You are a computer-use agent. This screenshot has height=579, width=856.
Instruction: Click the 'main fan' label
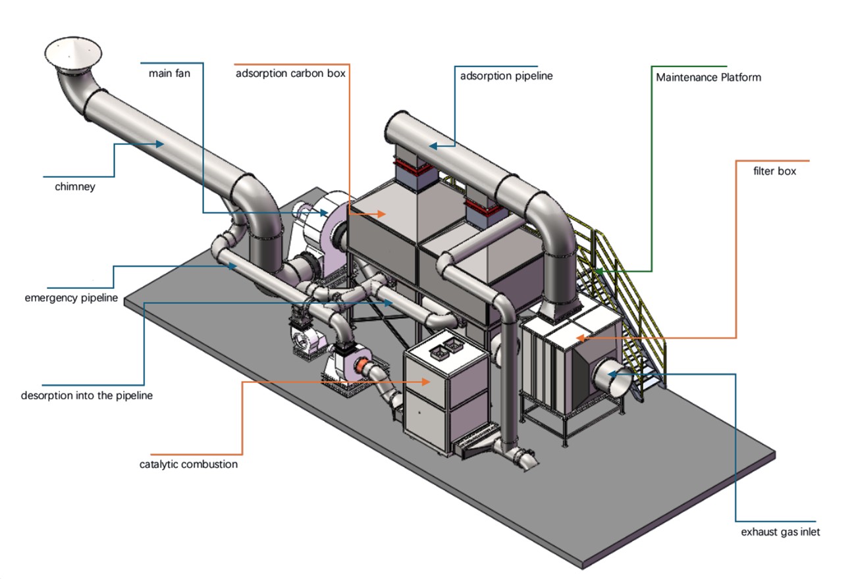click(x=169, y=73)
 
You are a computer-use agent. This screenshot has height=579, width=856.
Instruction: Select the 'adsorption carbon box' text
click(x=290, y=73)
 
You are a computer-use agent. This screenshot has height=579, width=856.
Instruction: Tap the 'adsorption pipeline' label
click(x=506, y=76)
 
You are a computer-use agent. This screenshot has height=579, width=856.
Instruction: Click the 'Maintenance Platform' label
click(x=709, y=78)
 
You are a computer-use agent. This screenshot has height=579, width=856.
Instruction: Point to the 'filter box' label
click(x=774, y=171)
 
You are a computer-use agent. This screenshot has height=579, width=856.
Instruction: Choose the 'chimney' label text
click(x=75, y=187)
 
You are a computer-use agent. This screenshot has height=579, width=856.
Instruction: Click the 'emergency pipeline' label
click(x=72, y=298)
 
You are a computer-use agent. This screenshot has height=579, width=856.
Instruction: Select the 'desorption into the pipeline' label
click(x=87, y=395)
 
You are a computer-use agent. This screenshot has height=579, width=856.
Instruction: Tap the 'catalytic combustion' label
click(x=188, y=465)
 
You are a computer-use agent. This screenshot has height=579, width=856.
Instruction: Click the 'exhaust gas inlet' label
click(x=780, y=532)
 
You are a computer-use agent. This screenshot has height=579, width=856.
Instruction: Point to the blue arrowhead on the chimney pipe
click(x=160, y=144)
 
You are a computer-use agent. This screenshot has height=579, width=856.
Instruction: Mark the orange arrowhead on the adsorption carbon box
click(x=381, y=214)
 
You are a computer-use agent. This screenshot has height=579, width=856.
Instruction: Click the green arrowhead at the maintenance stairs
click(x=599, y=272)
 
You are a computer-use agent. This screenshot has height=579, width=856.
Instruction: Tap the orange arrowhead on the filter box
click(x=581, y=338)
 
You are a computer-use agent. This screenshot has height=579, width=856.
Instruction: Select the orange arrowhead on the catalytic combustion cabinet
click(x=426, y=382)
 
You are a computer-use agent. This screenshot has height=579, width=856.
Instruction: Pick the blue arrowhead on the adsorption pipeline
click(x=433, y=145)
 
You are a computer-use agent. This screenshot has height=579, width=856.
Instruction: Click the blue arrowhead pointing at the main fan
click(x=324, y=213)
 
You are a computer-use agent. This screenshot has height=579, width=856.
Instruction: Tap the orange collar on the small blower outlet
click(x=360, y=366)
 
